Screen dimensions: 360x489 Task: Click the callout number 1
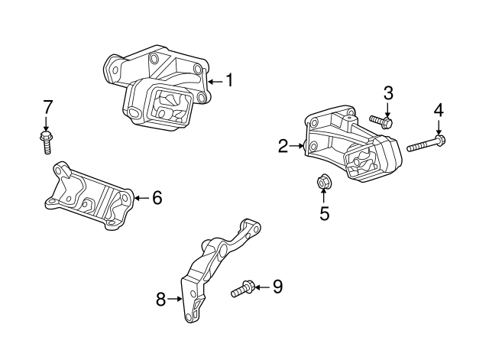(228, 79)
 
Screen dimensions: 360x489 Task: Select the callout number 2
(283, 146)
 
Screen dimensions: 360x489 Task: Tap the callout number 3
(388, 93)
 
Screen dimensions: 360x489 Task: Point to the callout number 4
(439, 109)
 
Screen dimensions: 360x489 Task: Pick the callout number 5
(324, 214)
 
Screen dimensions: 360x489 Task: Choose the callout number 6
(157, 198)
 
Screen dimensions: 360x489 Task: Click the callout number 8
(160, 300)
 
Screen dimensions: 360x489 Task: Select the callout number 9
(277, 287)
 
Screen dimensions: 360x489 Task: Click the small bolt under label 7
(46, 141)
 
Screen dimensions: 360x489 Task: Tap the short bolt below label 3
(381, 121)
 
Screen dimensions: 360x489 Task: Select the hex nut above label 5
(322, 183)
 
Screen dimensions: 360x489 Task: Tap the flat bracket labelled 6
(88, 195)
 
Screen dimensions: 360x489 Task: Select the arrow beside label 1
(213, 79)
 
